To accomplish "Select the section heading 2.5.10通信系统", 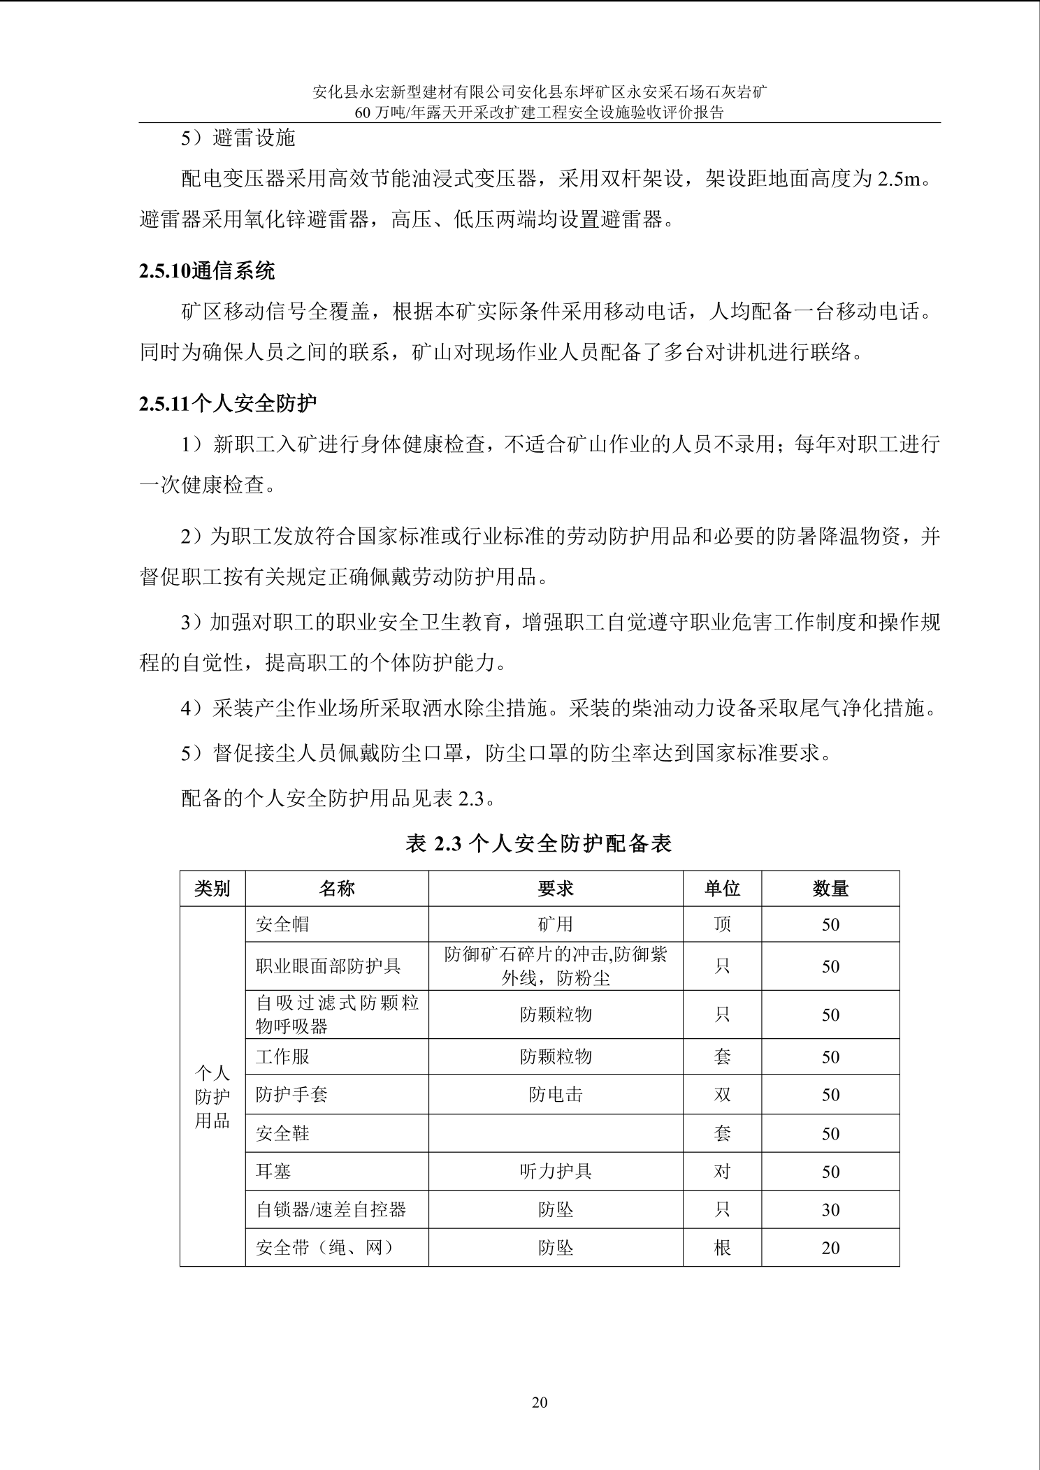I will pyautogui.click(x=207, y=272).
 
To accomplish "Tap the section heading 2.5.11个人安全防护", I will pyautogui.click(x=228, y=403).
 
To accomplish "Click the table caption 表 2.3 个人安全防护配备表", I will pyautogui.click(x=539, y=844).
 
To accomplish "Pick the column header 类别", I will pyautogui.click(x=212, y=889).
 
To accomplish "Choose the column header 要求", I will pyautogui.click(x=556, y=889).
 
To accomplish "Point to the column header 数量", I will pyautogui.click(x=830, y=889).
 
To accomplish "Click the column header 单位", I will pyautogui.click(x=722, y=889).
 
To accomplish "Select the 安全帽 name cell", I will pyautogui.click(x=282, y=924).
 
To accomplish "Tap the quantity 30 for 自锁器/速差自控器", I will pyautogui.click(x=830, y=1209).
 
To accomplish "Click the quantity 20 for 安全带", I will pyautogui.click(x=830, y=1248).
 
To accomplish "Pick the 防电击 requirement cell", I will pyautogui.click(x=556, y=1095).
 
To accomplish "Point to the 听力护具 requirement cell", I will pyautogui.click(x=556, y=1172).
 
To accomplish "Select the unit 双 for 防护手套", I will pyautogui.click(x=722, y=1095).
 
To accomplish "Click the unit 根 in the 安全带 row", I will pyautogui.click(x=722, y=1248).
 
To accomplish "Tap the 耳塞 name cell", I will pyautogui.click(x=273, y=1172).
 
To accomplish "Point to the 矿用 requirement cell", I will pyautogui.click(x=556, y=924).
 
